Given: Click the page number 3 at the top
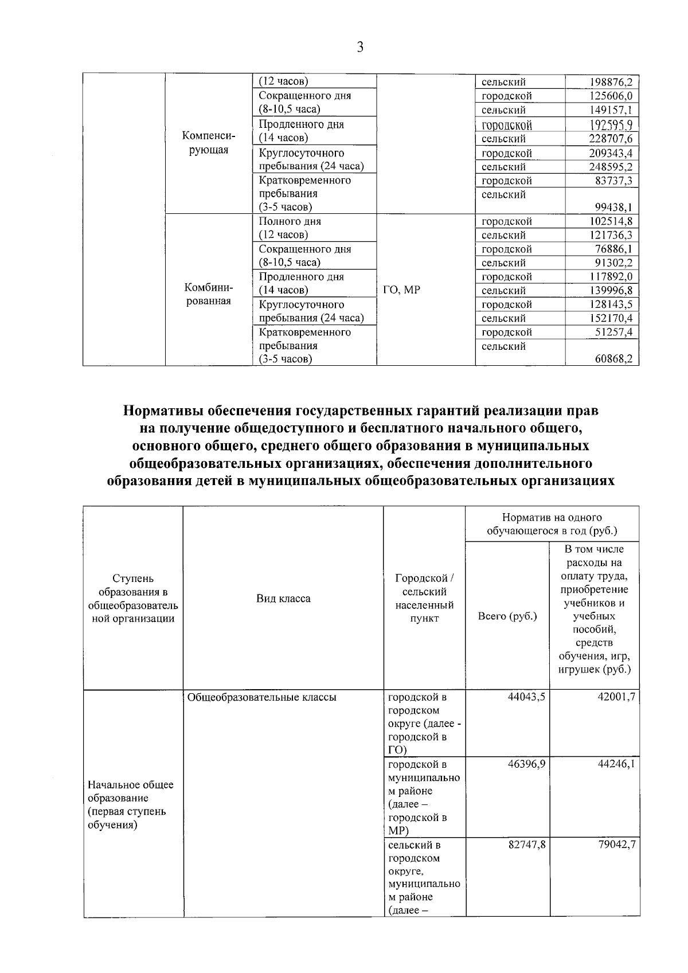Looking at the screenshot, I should coord(360,48).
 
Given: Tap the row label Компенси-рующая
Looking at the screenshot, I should coord(208,143).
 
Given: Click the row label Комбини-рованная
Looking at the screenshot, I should coord(208,294).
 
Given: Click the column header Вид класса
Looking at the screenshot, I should coord(283,599).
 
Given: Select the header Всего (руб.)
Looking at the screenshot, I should coord(507,616).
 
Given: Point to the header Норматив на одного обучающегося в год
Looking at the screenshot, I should coord(552,524).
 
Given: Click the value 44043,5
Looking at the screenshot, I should coord(526,697).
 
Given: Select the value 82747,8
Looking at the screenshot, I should coord(526,845).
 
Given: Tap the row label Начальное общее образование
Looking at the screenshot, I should coord(130,804).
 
